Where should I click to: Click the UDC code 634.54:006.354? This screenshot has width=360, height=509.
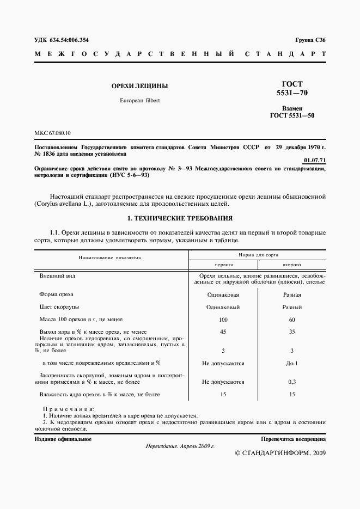pyautogui.click(x=61, y=40)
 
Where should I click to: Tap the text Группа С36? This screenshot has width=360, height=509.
pyautogui.click(x=310, y=40)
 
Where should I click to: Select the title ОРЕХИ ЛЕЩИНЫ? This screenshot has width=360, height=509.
pyautogui.click(x=139, y=86)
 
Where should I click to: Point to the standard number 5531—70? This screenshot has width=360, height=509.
pyautogui.click(x=292, y=93)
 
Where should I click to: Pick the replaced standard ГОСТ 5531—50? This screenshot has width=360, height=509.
pyautogui.click(x=292, y=115)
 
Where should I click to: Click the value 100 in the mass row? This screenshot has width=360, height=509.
pyautogui.click(x=223, y=320)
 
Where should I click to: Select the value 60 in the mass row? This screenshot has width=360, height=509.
pyautogui.click(x=292, y=320)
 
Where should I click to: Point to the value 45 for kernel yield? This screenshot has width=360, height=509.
pyautogui.click(x=223, y=332)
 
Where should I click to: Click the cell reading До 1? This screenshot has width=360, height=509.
pyautogui.click(x=292, y=363)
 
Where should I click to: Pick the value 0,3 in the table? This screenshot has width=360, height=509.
pyautogui.click(x=292, y=382)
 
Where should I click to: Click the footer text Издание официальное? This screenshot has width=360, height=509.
pyautogui.click(x=63, y=438)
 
